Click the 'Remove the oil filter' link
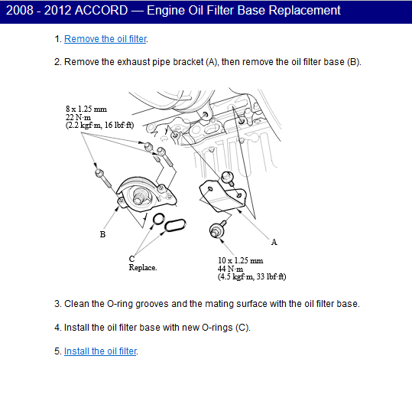(105, 39)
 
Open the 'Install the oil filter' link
(100, 351)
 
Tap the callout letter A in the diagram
(274, 242)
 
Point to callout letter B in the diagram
(102, 234)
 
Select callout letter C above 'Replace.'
(131, 259)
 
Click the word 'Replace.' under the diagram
(143, 267)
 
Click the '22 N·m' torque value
(78, 117)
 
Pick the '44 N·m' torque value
(230, 269)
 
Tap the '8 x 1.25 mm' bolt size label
(86, 109)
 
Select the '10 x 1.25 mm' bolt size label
(240, 260)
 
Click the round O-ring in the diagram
(159, 219)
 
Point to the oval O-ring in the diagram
(175, 225)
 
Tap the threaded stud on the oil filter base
(139, 197)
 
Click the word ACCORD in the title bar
(102, 11)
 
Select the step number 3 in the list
(57, 304)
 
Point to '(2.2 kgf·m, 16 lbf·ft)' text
(99, 125)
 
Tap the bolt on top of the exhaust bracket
(228, 178)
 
